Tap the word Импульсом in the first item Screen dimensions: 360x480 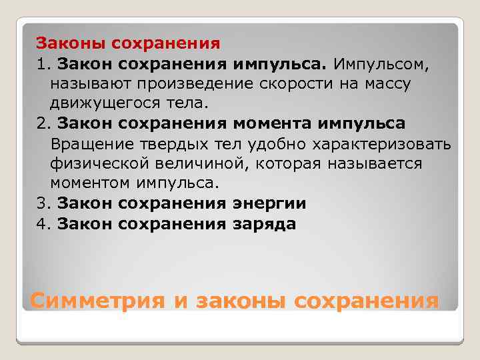pos(381,65)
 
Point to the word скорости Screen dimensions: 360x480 pos(279,85)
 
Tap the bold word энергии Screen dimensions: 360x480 pos(269,204)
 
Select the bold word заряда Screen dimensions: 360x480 pos(264,224)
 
